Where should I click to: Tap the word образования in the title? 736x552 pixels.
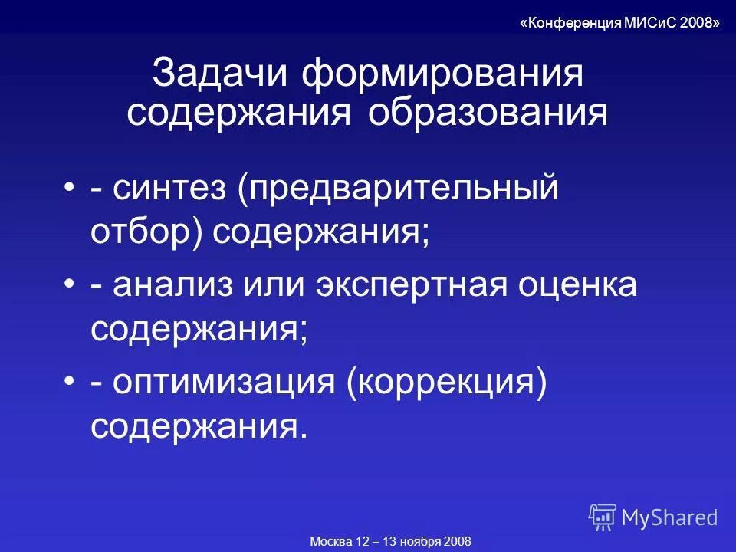(x=488, y=113)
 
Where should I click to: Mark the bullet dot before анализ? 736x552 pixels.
(x=71, y=286)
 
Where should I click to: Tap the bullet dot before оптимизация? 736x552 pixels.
(x=71, y=382)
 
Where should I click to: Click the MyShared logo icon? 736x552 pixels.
(x=603, y=517)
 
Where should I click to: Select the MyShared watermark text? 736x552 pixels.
(x=669, y=517)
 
